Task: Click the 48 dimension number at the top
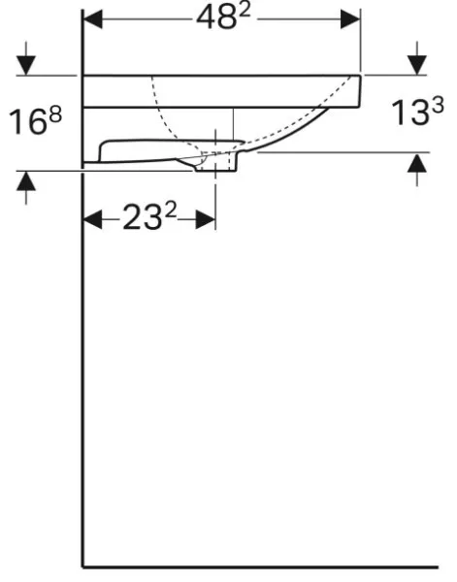(216, 18)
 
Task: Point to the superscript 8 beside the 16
(55, 114)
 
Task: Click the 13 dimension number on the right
(409, 113)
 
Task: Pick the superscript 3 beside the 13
(438, 105)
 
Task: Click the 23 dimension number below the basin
(143, 217)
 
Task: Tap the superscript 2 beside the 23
(171, 210)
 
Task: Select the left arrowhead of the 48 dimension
(93, 19)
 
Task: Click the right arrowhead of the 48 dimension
(350, 19)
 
